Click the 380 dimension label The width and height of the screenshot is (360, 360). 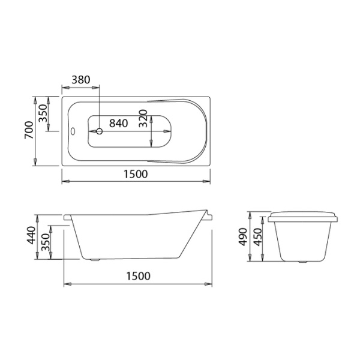point(81,80)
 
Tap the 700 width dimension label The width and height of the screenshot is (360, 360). point(29,130)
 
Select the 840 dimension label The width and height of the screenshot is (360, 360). point(118,123)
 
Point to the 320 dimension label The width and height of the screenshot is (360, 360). point(143,118)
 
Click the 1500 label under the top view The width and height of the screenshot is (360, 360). point(136,174)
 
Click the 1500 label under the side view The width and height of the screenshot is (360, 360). point(139,276)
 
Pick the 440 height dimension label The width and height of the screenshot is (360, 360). point(31,235)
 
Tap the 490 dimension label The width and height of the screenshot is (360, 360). point(243,237)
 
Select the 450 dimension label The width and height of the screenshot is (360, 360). point(258,237)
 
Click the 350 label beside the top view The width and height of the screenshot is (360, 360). point(43,113)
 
